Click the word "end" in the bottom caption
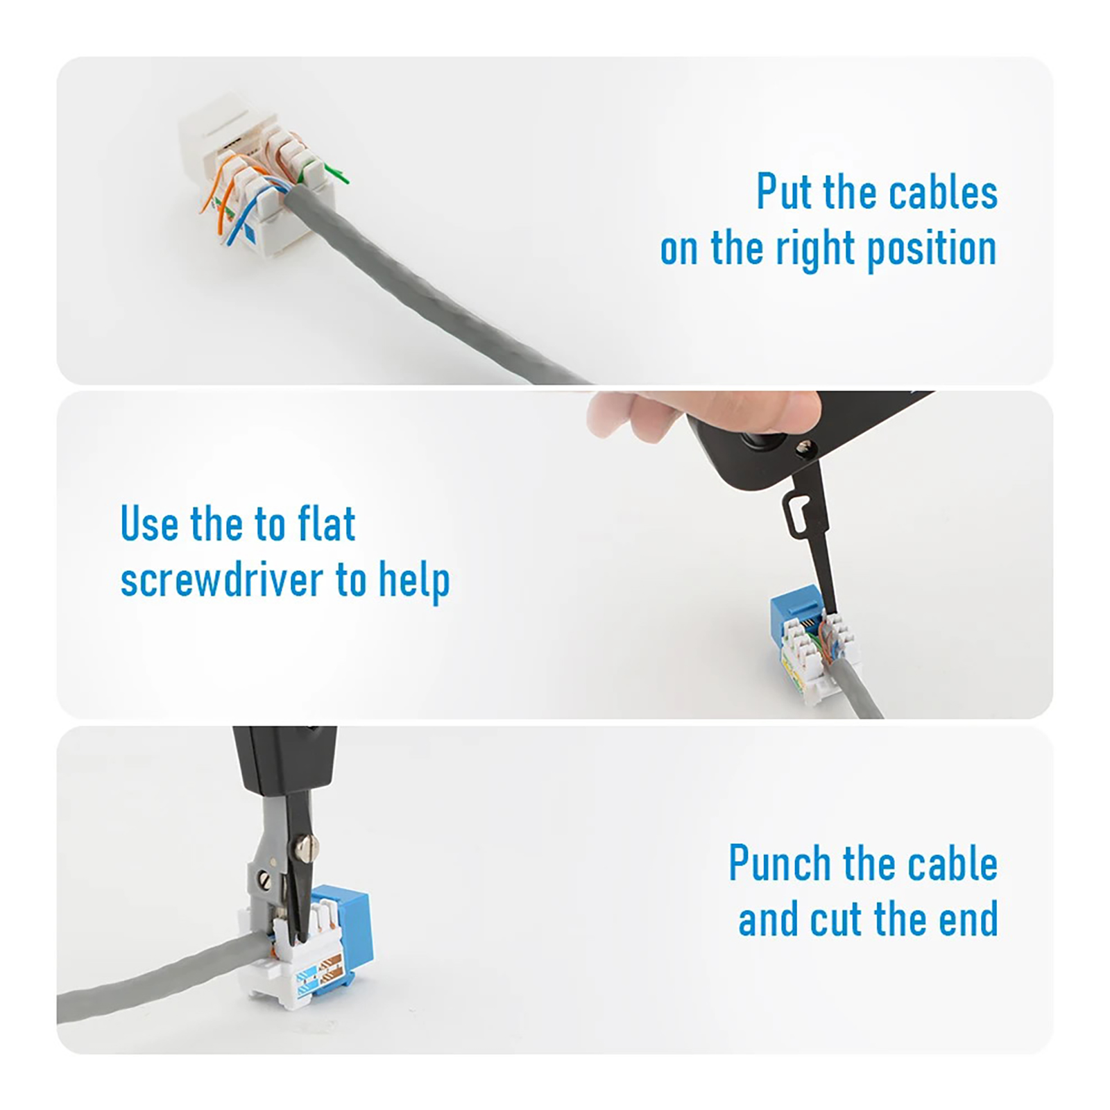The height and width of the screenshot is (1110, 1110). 968,919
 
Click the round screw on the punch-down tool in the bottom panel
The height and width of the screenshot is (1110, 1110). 306,845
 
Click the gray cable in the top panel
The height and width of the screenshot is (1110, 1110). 430,291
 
